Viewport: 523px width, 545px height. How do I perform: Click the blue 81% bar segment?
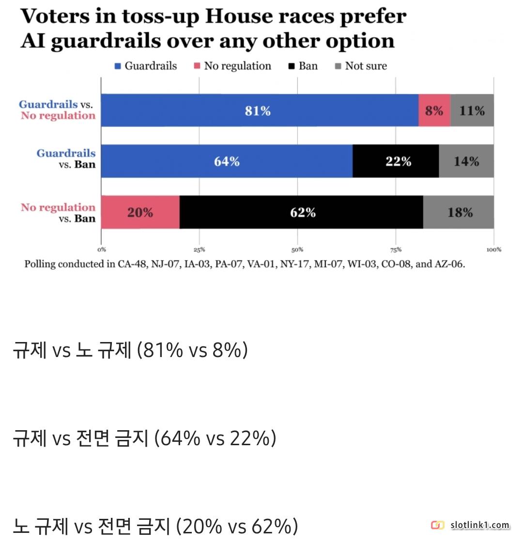pos(259,110)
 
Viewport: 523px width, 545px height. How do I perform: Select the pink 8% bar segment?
pos(434,110)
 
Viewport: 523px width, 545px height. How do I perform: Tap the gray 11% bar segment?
pos(472,110)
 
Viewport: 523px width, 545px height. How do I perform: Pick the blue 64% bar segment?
pos(227,161)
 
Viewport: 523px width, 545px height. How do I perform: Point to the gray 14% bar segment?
pos(466,161)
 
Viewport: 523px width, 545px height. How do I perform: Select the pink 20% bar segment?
pos(140,212)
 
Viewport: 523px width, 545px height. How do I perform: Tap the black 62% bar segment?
pos(301,212)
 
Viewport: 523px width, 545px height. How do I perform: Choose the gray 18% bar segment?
pos(459,212)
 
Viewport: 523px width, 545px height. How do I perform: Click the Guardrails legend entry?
pos(146,66)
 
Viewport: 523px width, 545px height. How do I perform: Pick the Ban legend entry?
pos(303,66)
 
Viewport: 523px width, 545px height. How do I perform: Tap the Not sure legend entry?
pos(361,66)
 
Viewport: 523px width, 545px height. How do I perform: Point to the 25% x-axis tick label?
pos(199,250)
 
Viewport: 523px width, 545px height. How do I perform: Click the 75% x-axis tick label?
pos(396,250)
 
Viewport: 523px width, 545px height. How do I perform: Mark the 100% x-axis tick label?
pos(493,250)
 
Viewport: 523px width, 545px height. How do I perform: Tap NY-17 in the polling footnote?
pos(296,265)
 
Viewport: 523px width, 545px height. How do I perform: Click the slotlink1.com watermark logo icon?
pos(437,525)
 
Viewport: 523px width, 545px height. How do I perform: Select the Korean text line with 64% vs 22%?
pos(144,438)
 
